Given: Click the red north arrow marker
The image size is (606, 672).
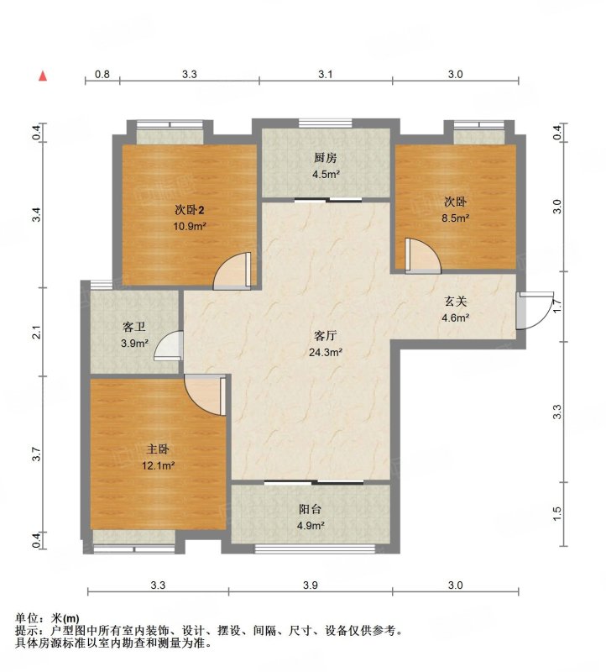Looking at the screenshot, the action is [x=43, y=76].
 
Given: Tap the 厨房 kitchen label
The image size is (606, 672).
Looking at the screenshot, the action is [x=326, y=158].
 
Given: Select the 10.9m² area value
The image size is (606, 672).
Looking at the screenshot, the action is [x=190, y=226].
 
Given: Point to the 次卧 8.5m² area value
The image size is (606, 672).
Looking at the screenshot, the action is [x=456, y=218].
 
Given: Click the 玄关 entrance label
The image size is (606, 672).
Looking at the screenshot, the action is [x=455, y=302].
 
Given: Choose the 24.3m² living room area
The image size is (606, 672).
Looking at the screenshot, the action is [x=326, y=352].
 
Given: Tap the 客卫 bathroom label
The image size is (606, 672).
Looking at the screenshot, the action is [x=134, y=327].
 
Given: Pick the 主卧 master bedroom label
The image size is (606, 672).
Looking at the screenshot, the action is [x=158, y=449].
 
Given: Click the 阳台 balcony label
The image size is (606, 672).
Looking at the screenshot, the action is [x=310, y=509].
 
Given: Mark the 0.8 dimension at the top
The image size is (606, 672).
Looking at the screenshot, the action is [x=102, y=74].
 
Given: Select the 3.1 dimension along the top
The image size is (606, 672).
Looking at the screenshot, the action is [x=326, y=74].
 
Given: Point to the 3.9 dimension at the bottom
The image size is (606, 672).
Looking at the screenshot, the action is [x=310, y=585].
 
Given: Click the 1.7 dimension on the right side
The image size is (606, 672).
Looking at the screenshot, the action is [x=556, y=306].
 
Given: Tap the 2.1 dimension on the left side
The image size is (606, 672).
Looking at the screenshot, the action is [x=37, y=332].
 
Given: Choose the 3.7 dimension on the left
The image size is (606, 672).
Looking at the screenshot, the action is [x=37, y=454].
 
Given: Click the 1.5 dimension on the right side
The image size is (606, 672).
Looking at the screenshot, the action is [x=556, y=513].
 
